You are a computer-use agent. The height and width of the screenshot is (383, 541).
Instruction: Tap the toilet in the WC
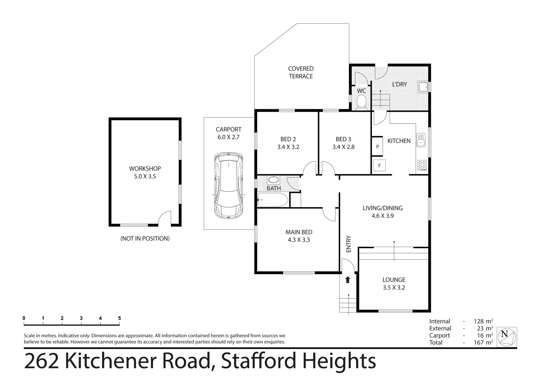coord(361,103)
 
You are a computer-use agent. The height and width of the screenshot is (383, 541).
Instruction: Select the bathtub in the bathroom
coord(273,200)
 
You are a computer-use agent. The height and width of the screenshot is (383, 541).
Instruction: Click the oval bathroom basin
coord(274,180)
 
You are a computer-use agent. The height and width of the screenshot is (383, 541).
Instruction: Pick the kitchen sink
coord(421,140)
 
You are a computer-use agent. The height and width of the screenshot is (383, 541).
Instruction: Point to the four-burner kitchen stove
coord(422,165)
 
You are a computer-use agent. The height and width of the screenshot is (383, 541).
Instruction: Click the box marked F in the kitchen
coord(379,165)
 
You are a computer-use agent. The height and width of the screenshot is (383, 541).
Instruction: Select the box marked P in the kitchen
coord(377,146)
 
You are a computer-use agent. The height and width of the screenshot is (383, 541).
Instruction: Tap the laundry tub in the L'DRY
coord(423,87)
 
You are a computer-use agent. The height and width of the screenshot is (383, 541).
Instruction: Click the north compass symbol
coord(507,337)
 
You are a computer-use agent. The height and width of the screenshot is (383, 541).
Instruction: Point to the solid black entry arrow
coord(348,279)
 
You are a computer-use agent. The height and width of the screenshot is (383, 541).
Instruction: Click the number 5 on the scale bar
coord(119,318)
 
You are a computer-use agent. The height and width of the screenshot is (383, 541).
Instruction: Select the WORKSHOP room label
coord(145,168)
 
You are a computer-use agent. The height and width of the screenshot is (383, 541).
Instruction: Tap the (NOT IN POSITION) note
coord(145,238)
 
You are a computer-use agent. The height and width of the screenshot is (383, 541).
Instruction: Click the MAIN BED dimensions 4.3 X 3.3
coord(299,240)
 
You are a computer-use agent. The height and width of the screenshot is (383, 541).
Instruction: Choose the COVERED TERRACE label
coord(300,72)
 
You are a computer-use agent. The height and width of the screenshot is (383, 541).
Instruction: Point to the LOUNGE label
coord(394,280)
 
